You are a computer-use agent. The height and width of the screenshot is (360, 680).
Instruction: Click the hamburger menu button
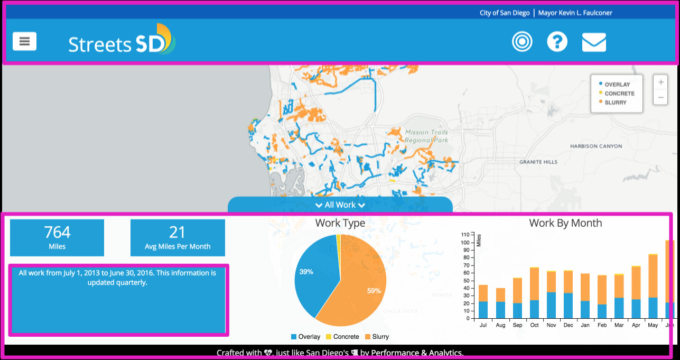(25, 41)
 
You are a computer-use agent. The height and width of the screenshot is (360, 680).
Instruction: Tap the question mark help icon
(557, 42)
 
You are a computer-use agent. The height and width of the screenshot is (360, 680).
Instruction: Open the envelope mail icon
(594, 42)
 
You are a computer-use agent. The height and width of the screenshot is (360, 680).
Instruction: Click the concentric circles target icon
(522, 42)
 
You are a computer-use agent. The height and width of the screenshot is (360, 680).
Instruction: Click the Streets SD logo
(122, 40)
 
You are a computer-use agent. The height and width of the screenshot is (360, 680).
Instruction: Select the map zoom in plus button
(660, 82)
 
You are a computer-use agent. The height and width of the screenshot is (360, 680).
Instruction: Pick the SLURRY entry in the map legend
(615, 103)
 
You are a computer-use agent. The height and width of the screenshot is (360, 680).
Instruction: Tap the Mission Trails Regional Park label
(426, 136)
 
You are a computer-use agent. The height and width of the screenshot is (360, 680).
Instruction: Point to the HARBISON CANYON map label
(595, 146)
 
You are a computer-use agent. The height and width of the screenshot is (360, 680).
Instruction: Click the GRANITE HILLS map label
(538, 162)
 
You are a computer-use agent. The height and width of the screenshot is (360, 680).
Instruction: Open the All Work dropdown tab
(340, 205)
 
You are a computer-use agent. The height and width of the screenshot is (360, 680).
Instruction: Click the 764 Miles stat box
(57, 237)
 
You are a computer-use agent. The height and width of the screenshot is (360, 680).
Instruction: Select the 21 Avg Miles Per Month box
(178, 237)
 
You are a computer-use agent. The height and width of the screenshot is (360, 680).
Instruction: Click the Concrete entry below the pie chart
(342, 337)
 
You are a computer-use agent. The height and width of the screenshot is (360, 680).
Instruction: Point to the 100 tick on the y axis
(465, 243)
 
